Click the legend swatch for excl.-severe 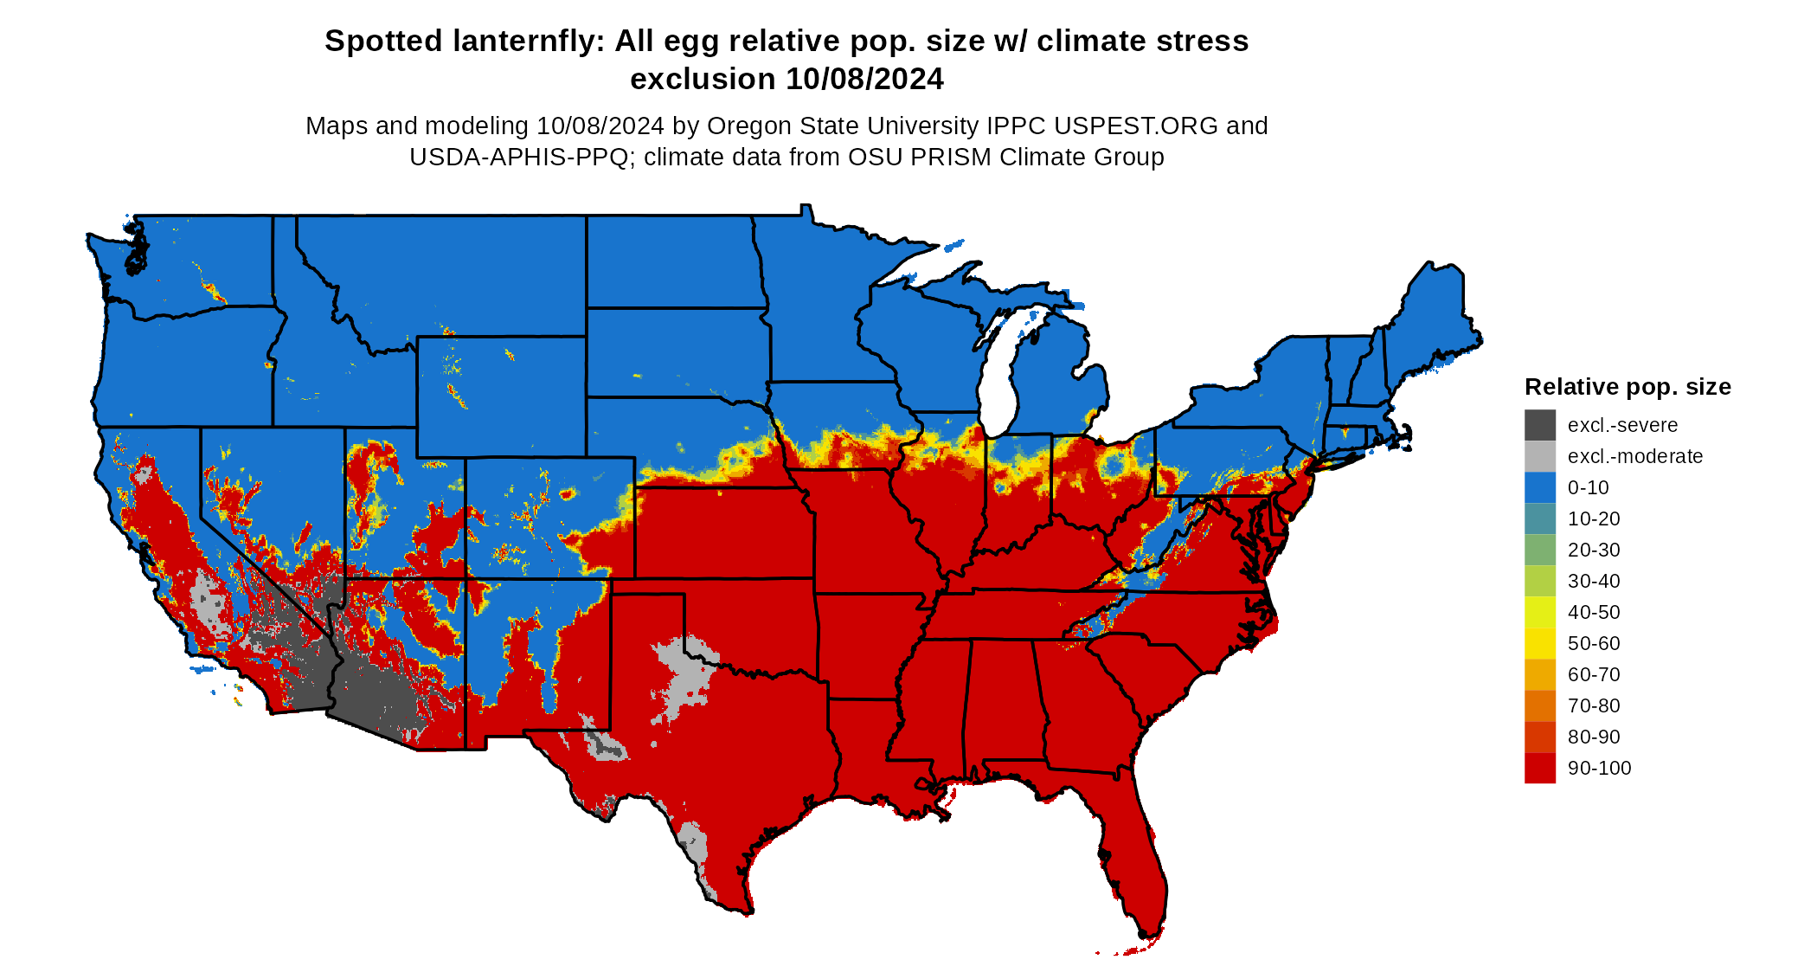1539,425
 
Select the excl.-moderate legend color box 1539,456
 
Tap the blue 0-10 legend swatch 1539,487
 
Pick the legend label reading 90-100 1599,768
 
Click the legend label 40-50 1594,612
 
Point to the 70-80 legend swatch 1539,705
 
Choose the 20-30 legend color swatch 1539,550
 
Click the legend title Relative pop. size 1627,387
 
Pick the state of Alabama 1004,701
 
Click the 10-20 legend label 1594,518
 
